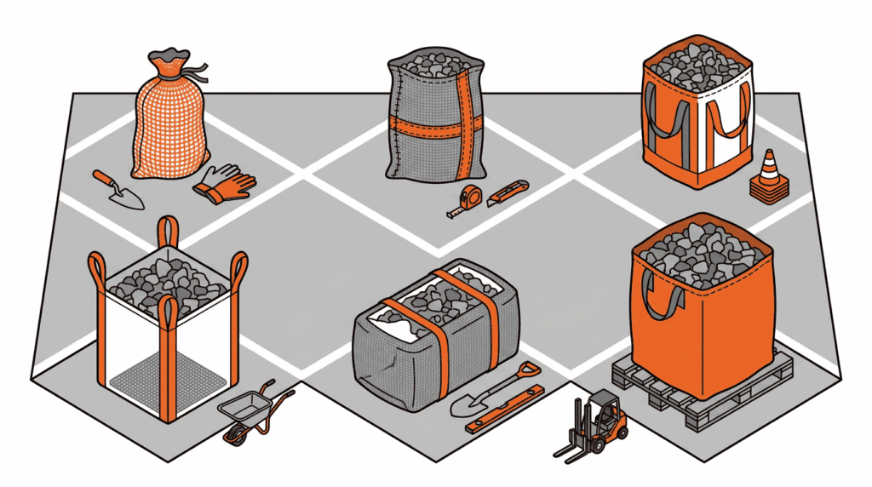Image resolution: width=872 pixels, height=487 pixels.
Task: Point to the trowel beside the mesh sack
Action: (x=118, y=189)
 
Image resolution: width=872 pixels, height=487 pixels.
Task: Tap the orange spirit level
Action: (x=504, y=410)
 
